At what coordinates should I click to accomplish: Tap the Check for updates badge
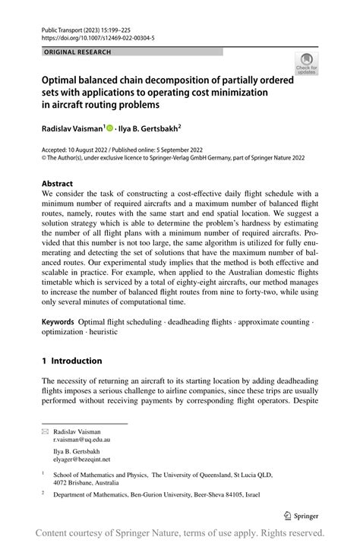click(x=307, y=63)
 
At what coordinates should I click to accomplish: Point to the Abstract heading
click(x=58, y=184)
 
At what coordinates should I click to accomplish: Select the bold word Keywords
click(x=62, y=323)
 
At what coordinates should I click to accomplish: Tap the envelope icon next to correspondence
click(x=44, y=431)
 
